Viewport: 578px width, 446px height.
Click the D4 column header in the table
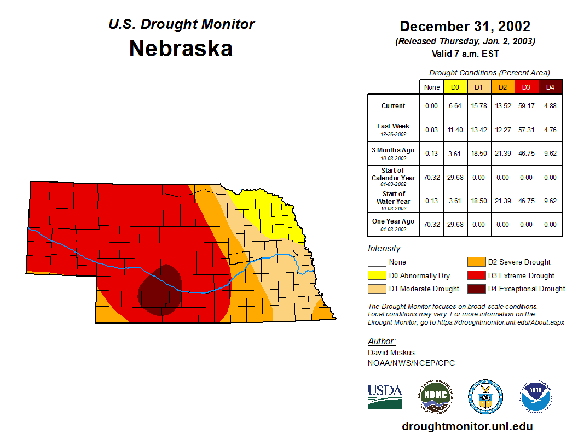(550, 87)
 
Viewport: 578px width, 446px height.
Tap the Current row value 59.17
(527, 106)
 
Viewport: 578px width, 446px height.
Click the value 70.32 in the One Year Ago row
(432, 224)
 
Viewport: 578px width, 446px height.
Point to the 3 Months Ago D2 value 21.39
(503, 154)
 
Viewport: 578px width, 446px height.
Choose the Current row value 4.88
(550, 106)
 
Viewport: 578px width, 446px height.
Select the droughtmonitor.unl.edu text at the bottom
(467, 426)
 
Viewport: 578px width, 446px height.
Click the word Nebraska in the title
(181, 49)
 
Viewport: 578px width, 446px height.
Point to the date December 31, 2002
(465, 26)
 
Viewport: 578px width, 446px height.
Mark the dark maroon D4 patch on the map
(160, 290)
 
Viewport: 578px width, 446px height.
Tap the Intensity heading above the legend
(385, 249)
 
